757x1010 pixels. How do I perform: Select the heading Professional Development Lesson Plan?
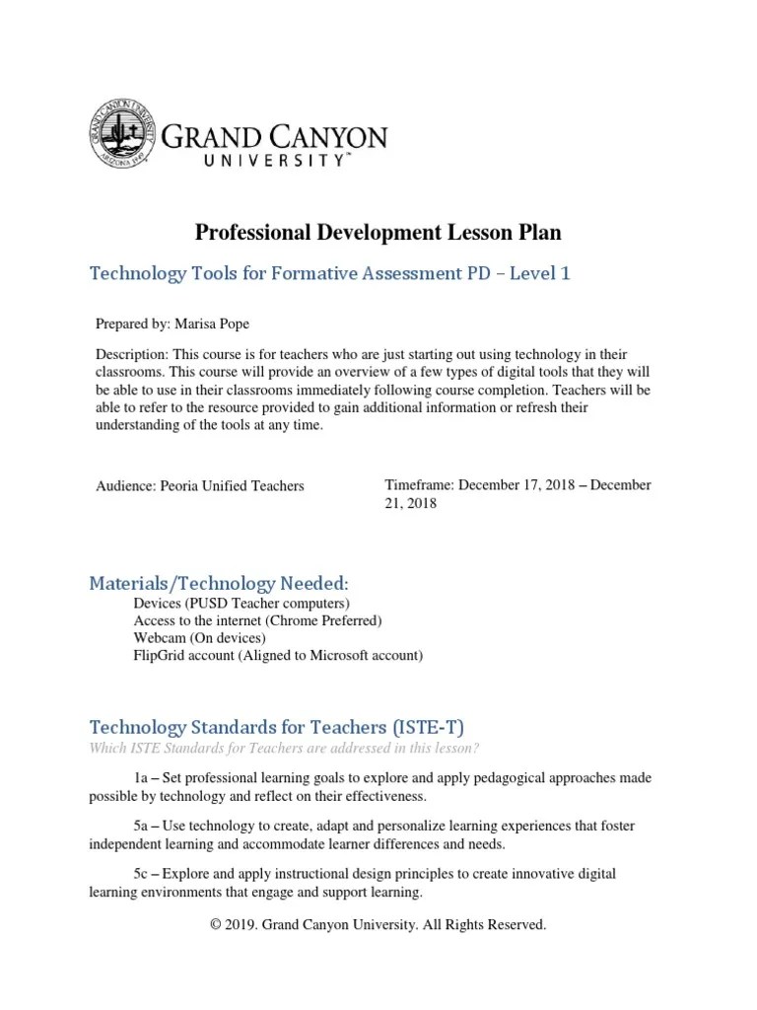[x=378, y=233]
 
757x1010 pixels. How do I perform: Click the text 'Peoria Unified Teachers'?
[x=233, y=485]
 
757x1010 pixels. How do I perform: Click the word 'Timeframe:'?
[x=419, y=484]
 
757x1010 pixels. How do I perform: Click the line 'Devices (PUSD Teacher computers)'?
[x=241, y=603]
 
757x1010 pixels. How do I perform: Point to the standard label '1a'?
[x=143, y=778]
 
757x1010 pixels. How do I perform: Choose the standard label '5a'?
[x=143, y=827]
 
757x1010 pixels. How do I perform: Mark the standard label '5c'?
[x=143, y=875]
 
